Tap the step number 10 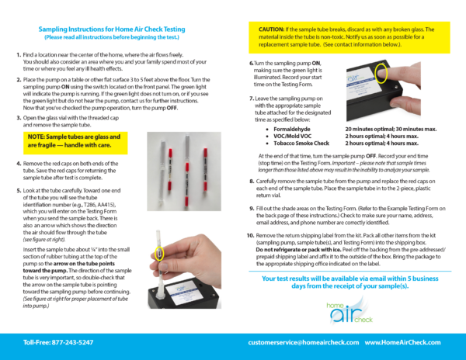coord(250,234)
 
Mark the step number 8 coord(251,180)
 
